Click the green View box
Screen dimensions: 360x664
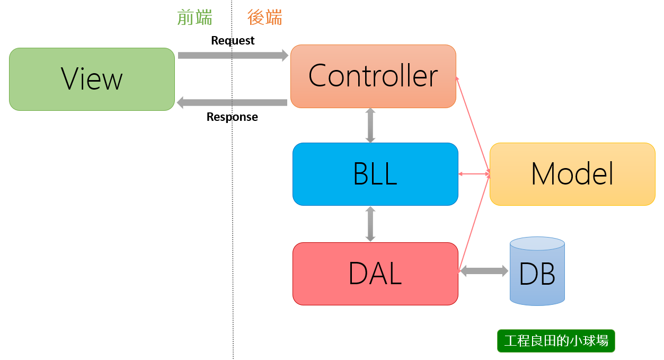pyautogui.click(x=92, y=79)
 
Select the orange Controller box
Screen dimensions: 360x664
pyautogui.click(x=373, y=76)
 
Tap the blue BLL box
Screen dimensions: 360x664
pyautogui.click(x=375, y=174)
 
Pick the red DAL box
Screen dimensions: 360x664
pyautogui.click(x=375, y=274)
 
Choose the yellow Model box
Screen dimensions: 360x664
pyautogui.click(x=572, y=174)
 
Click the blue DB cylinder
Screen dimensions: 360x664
pyautogui.click(x=537, y=271)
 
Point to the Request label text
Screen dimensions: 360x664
pyautogui.click(x=233, y=40)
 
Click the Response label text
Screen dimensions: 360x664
pyautogui.click(x=232, y=117)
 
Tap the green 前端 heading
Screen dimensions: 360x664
pyautogui.click(x=195, y=17)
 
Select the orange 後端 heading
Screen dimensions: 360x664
pyautogui.click(x=265, y=17)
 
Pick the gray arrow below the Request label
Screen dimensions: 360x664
pyautogui.click(x=233, y=55)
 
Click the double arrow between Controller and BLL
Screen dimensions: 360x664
pyautogui.click(x=370, y=125)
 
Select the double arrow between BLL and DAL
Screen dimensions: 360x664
pyautogui.click(x=370, y=224)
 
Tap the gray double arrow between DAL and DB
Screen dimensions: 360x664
pyautogui.click(x=484, y=271)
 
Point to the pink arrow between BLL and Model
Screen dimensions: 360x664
pyautogui.click(x=474, y=174)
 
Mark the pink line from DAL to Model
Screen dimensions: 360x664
pyautogui.click(x=474, y=223)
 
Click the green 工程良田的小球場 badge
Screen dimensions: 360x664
pyautogui.click(x=556, y=341)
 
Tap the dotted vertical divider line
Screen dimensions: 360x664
pyautogui.click(x=233, y=212)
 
